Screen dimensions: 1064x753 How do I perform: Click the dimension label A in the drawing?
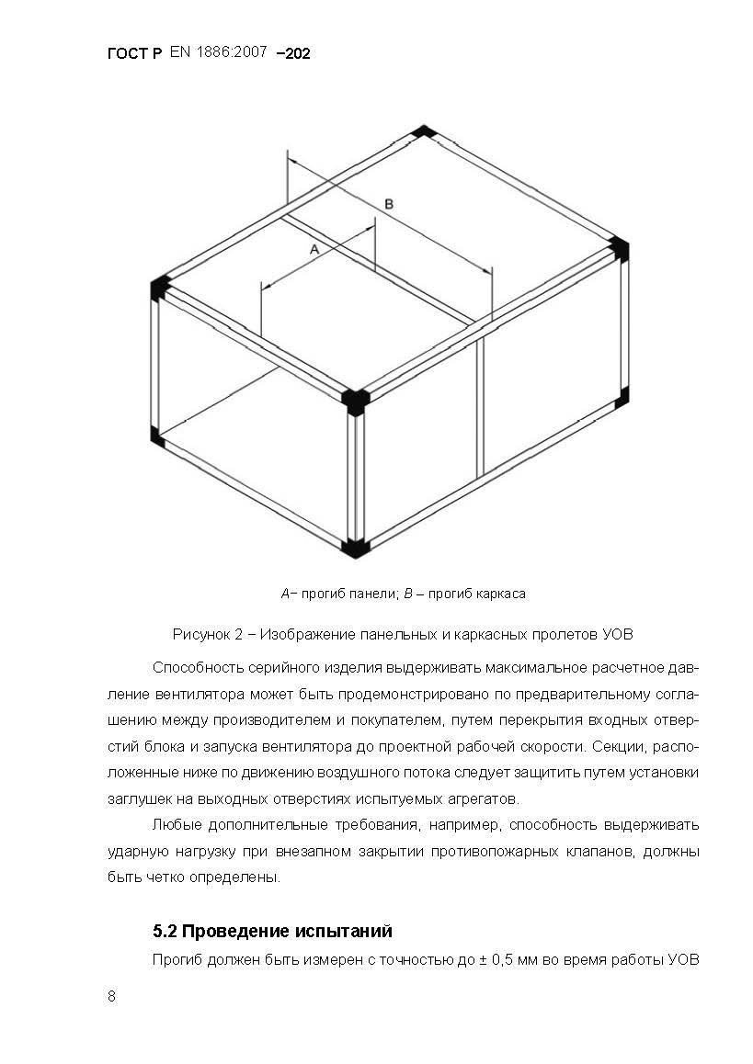coord(314,248)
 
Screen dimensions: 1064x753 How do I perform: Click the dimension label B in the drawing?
coord(389,204)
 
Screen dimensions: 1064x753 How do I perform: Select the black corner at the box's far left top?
coord(159,287)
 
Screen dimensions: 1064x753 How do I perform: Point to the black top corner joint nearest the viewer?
coord(355,401)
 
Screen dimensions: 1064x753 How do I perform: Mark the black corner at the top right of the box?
coord(619,248)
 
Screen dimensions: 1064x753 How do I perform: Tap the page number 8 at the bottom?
coord(111,998)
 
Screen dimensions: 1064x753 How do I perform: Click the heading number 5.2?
coord(165,932)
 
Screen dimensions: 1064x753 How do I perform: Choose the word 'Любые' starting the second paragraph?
coord(173,823)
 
